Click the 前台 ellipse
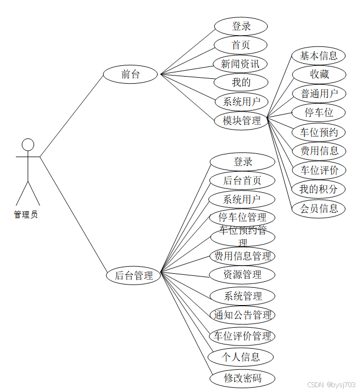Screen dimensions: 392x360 [x=130, y=75]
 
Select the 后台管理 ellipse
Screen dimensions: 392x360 [x=133, y=275]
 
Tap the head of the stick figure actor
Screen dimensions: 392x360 [x=28, y=145]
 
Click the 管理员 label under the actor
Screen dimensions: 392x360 [x=26, y=214]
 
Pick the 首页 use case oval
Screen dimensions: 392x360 [x=241, y=45]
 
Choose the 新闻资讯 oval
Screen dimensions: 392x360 [x=241, y=64]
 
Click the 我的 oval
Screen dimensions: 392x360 [x=241, y=83]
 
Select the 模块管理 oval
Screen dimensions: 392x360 [x=242, y=121]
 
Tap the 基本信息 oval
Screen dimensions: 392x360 [x=318, y=56]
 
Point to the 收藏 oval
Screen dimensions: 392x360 [x=319, y=75]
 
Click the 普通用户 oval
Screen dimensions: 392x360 [x=319, y=93]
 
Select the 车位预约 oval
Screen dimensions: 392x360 [x=319, y=132]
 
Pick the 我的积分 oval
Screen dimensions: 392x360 [x=318, y=189]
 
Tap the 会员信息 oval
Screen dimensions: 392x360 [x=318, y=208]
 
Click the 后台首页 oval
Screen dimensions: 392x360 [x=242, y=180]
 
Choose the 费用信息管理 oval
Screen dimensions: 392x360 [x=242, y=256]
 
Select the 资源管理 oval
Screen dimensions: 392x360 [x=242, y=275]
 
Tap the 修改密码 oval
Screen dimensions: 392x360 [x=242, y=378]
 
